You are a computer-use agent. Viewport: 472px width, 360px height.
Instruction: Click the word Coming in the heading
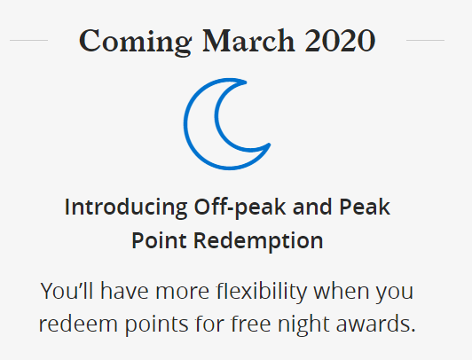tap(135, 42)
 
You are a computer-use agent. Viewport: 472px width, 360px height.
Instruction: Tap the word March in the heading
tap(248, 41)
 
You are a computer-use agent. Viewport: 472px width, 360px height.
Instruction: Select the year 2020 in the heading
tap(340, 41)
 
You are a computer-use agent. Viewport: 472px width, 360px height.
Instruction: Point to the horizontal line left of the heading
tap(29, 40)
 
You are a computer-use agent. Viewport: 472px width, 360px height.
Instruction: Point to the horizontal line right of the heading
tap(425, 40)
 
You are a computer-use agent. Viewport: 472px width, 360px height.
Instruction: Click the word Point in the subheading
tap(159, 240)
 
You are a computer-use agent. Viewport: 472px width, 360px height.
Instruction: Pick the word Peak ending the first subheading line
tap(365, 207)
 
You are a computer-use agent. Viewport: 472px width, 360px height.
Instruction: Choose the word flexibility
tap(262, 292)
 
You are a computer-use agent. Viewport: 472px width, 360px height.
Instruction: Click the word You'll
tap(67, 291)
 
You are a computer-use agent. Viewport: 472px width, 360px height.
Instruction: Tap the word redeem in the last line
tap(78, 324)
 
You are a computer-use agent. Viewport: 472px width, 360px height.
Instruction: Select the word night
tap(303, 325)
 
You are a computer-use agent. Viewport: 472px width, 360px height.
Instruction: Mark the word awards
tap(375, 324)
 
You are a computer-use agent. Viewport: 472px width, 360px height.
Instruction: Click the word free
tap(251, 324)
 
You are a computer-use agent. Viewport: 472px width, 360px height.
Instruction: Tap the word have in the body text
tap(124, 291)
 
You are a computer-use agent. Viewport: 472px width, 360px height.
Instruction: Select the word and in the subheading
tap(312, 207)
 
